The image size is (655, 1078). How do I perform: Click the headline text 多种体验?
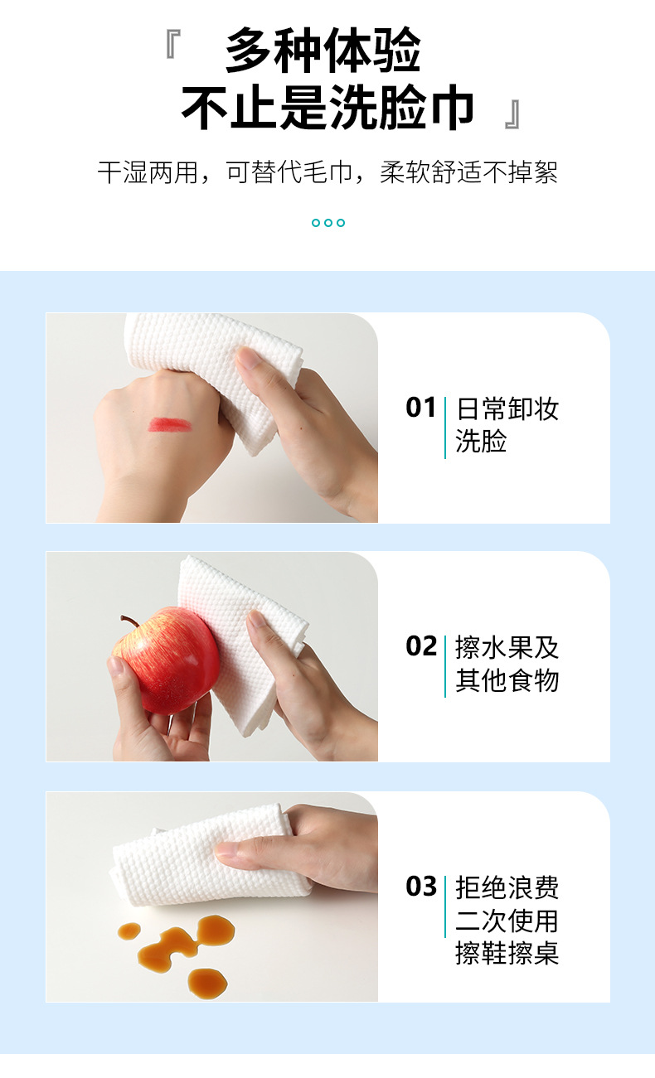(x=323, y=50)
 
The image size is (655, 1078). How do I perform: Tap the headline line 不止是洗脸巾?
(x=327, y=107)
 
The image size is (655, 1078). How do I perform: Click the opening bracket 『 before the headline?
(x=173, y=44)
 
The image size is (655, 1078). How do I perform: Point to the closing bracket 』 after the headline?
(x=512, y=114)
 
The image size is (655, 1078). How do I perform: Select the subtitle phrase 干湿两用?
(x=148, y=172)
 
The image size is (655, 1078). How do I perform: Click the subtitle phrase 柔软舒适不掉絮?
(x=468, y=172)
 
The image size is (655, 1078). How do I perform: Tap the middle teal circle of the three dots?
(x=328, y=223)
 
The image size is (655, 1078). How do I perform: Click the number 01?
(x=421, y=408)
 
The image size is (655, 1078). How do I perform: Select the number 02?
(x=421, y=645)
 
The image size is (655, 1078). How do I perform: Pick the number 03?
(x=421, y=887)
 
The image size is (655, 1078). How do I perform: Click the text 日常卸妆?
(x=507, y=409)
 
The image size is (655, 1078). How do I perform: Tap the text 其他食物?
(x=507, y=680)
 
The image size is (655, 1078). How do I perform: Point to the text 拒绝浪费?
(x=507, y=888)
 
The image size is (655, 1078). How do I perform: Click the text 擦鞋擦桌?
(x=507, y=954)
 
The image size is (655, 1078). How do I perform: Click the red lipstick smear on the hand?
(x=169, y=424)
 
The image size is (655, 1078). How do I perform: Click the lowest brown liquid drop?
(x=207, y=984)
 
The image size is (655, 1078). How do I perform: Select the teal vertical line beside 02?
(x=445, y=666)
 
